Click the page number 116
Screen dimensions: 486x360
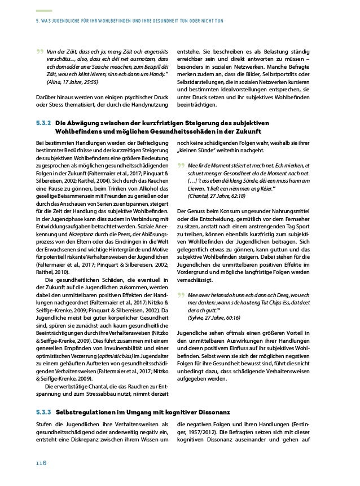pos(39,463)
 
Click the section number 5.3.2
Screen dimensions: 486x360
pos(42,123)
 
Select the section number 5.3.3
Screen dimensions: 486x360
pos(42,412)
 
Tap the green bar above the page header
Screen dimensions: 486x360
pos(43,11)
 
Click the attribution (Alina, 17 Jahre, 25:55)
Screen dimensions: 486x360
pos(72,82)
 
